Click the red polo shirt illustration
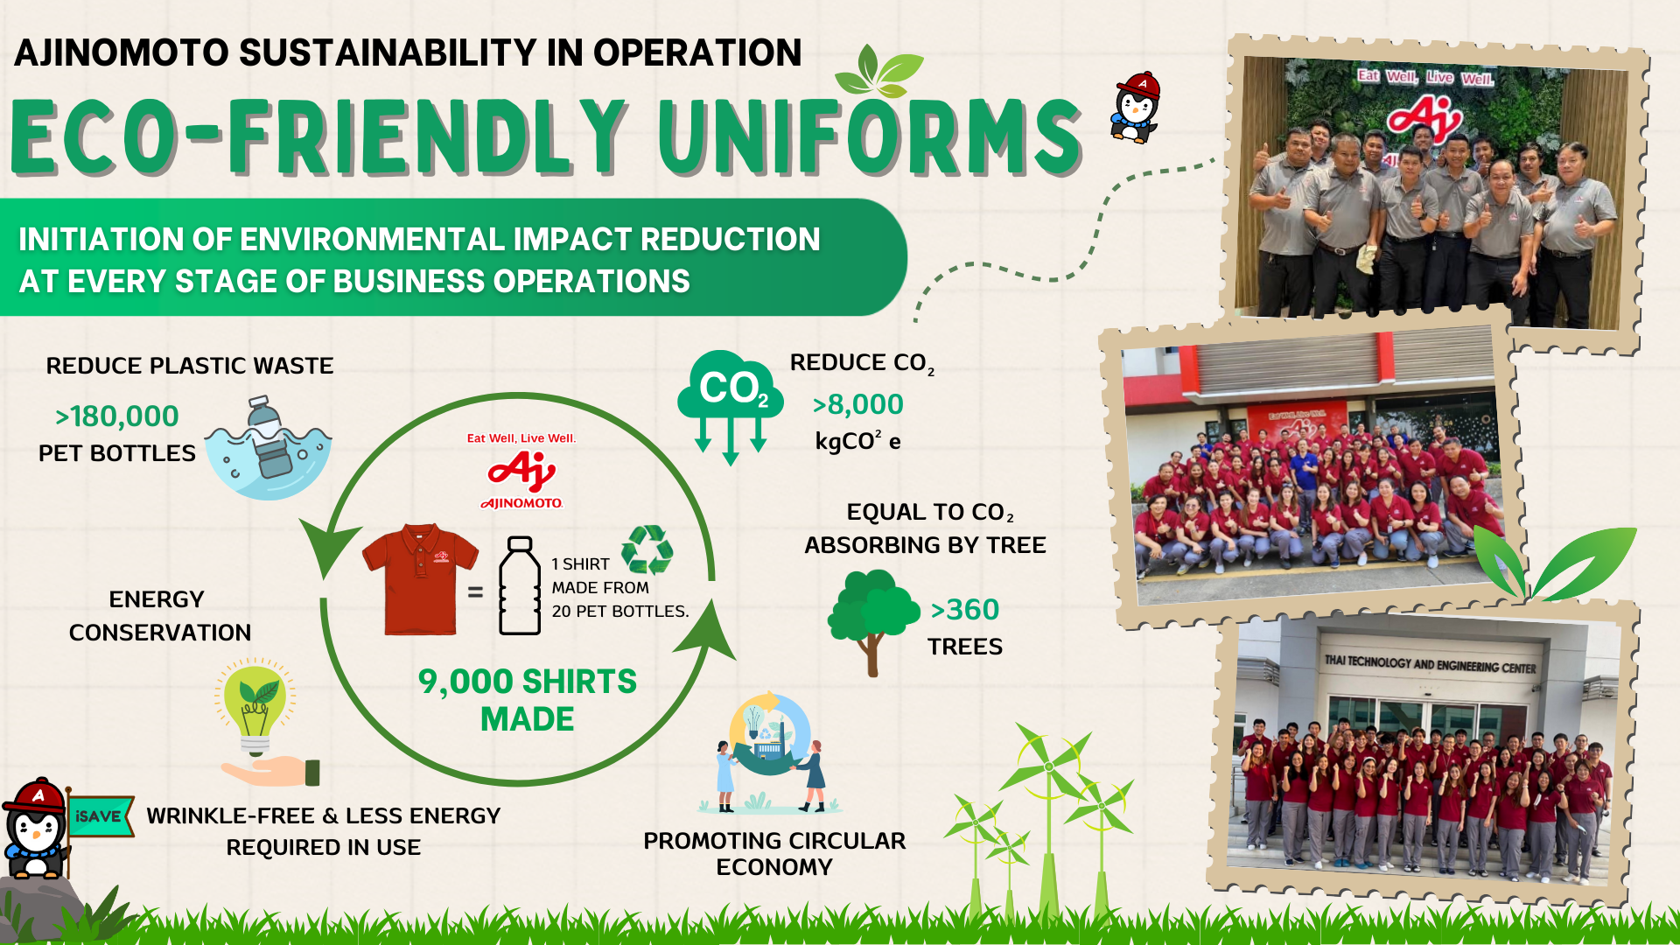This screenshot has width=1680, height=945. point(420,579)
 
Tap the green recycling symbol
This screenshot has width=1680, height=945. point(647,549)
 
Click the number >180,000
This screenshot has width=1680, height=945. point(116,416)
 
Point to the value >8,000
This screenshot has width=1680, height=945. point(857,404)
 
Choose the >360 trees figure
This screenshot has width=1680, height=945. point(964,610)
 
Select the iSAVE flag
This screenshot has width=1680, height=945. point(100,815)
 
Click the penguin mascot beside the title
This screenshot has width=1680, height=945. point(1136,107)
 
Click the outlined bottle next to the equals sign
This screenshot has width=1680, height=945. point(520,585)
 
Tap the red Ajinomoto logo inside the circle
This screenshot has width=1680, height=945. point(521,472)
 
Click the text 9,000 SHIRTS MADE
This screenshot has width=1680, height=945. point(527,700)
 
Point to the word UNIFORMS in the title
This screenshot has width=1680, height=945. point(871,137)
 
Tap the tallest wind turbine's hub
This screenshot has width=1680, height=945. point(1048,767)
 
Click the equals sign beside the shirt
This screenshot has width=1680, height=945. point(475,592)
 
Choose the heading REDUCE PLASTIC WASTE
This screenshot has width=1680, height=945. point(190,366)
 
